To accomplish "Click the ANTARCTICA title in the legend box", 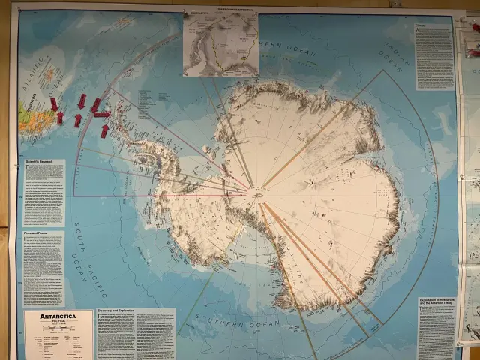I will coord(58,316).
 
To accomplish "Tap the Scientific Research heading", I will coord(39,162).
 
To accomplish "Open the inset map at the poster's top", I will coord(220,43).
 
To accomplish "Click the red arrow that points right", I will coord(102,114).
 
